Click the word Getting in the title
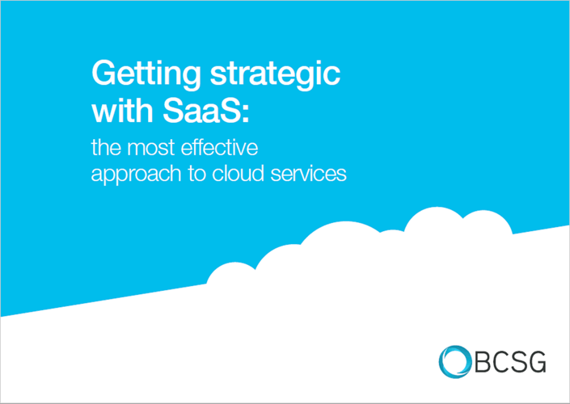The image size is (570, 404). coord(146,76)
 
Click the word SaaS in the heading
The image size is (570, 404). coord(202,111)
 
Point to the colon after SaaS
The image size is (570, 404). coord(246,114)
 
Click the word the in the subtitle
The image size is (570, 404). coord(105,148)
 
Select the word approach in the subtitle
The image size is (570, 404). coord(136,174)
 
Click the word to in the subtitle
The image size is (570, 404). coord(197,175)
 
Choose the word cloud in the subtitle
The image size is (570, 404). coord(238,173)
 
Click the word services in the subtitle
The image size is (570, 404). coord(309,173)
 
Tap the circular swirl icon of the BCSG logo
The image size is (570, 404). coord(454,361)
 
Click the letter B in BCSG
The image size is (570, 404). coord(483,361)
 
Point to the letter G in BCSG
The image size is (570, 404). coord(536,361)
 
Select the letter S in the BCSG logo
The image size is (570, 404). coord(518,361)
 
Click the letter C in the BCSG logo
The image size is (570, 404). coord(501,361)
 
